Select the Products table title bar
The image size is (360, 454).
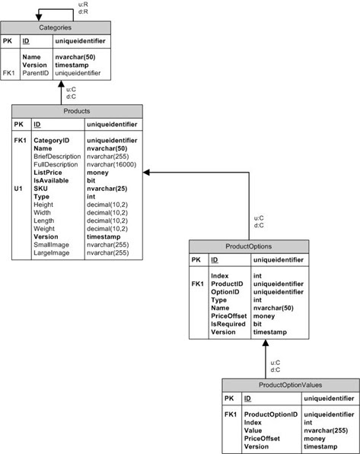(76, 110)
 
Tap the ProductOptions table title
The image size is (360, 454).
(249, 246)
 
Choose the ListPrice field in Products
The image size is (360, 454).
(47, 173)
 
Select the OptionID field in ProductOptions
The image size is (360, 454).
(225, 292)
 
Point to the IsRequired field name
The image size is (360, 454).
(228, 324)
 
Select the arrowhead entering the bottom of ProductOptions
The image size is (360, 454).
(266, 345)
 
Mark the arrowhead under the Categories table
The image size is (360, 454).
(60, 83)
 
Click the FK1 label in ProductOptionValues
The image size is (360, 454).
(231, 414)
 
